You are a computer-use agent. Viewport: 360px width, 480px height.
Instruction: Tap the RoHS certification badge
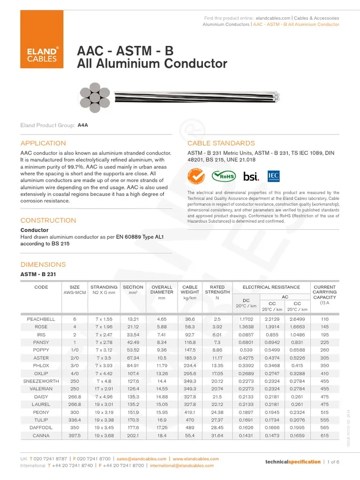(224, 176)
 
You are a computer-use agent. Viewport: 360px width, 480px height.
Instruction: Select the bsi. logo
(251, 176)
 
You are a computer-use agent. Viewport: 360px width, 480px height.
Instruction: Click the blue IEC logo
(273, 176)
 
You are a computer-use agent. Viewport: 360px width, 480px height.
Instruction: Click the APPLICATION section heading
(43, 143)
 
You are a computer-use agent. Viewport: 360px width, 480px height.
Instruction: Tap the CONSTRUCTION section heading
(48, 220)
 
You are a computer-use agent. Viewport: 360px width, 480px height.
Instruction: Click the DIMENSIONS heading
(43, 264)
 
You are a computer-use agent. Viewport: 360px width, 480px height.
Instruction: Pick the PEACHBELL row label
(41, 319)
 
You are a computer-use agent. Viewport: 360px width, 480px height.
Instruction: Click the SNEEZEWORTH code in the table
(41, 381)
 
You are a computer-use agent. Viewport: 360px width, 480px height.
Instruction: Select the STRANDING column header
(104, 287)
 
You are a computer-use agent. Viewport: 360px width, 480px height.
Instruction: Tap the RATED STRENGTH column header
(217, 290)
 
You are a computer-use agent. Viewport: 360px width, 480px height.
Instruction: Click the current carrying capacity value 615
(324, 435)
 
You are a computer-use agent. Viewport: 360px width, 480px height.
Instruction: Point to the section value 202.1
(133, 435)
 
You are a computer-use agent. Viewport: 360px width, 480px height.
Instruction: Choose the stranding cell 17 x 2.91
(104, 389)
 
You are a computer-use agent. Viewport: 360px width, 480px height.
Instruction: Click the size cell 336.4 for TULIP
(75, 420)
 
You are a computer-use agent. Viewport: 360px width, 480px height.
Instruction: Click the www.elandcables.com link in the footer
(195, 458)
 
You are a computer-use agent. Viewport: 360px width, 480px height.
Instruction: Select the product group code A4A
(82, 126)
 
